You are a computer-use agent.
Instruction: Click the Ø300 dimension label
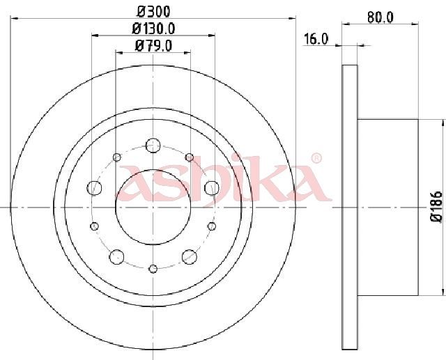[153, 12]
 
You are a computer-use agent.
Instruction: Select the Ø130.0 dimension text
[153, 29]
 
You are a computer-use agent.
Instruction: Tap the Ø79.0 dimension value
[153, 45]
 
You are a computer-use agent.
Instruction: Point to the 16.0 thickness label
[316, 39]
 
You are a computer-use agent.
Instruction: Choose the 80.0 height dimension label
[380, 17]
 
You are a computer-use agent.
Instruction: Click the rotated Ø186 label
[437, 206]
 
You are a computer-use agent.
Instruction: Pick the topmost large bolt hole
[153, 146]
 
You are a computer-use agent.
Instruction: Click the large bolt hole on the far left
[94, 188]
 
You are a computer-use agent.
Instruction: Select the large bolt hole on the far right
[212, 188]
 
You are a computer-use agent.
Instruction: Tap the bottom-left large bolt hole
[116, 257]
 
